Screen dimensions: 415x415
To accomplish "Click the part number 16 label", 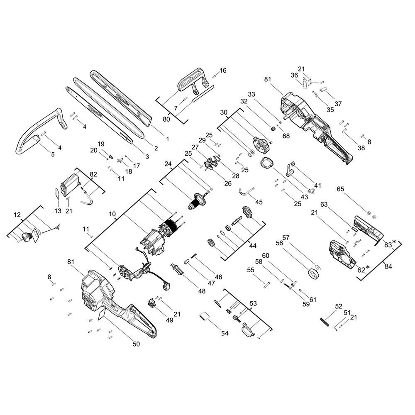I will pos(223,71).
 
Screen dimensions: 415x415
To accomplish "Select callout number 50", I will pos(136,344).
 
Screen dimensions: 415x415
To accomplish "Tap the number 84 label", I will pos(388,266).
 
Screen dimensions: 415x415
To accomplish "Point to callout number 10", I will pos(112,214).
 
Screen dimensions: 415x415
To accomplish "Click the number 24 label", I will pos(168,164).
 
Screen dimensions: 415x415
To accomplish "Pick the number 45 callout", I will pos(259,202).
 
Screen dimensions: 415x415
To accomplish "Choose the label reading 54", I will pos(225,333).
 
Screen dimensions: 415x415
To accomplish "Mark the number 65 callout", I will pos(340,189).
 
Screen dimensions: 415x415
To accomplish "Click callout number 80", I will pos(166,120).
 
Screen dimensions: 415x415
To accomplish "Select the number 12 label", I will pos(17,215).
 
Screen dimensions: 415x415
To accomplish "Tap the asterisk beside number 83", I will pos(394,242).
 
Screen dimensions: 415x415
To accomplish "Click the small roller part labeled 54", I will pos(204,317).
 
